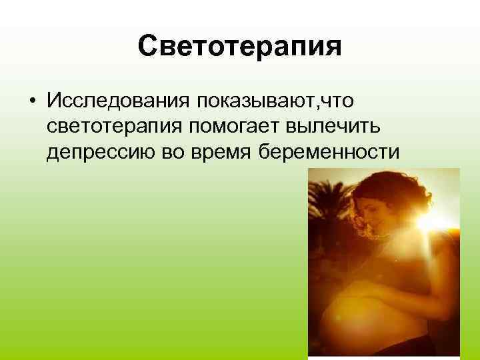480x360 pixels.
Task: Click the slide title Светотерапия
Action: click(240, 47)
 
